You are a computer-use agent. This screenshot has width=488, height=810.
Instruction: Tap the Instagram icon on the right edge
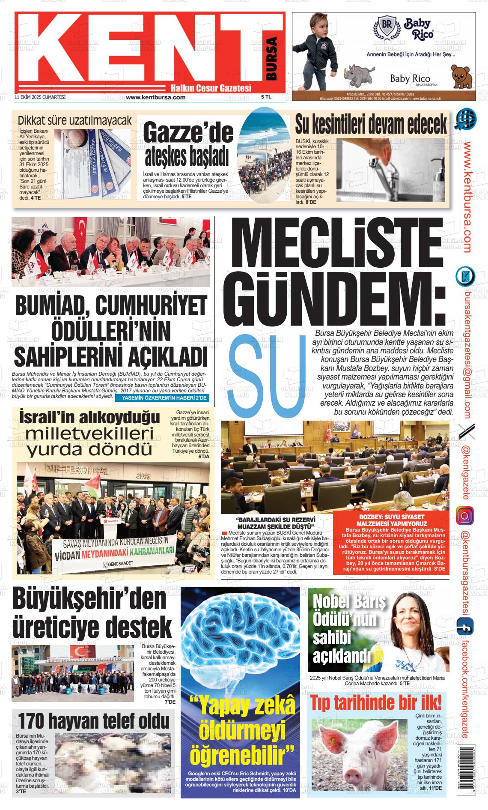coord(465,515)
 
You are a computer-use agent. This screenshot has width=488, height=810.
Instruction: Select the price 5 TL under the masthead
coord(266,97)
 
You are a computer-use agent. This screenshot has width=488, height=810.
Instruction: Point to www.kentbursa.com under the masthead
coord(156,97)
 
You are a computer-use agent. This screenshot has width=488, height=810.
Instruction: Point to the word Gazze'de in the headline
coord(188,134)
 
